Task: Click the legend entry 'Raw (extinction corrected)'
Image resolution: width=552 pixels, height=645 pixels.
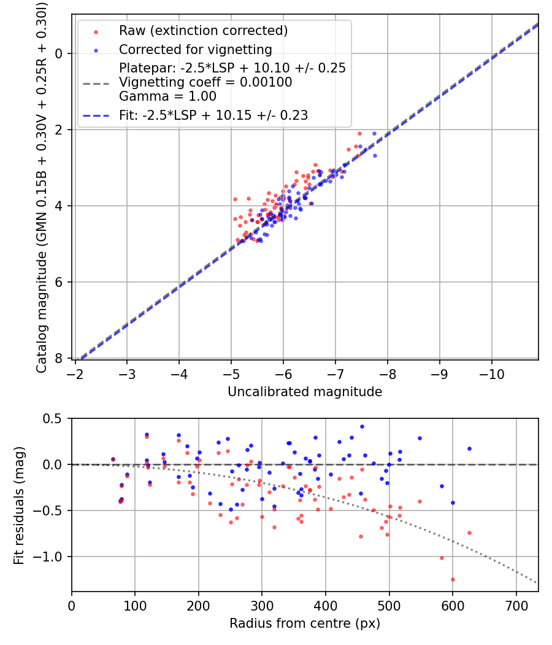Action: pos(203,31)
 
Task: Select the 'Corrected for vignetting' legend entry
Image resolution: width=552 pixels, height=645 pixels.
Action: pos(195,50)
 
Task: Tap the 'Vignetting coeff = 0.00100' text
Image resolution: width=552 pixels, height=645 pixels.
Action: pos(205,82)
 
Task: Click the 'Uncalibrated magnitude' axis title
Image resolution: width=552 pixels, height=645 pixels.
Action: pos(305,392)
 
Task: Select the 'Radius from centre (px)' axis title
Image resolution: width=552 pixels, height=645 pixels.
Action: pos(305,623)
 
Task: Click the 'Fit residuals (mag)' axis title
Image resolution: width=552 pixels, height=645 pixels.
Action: pos(19,505)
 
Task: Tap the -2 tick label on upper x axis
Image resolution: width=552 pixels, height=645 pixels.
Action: pos(75,373)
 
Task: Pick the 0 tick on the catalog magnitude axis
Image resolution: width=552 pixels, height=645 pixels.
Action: pos(60,53)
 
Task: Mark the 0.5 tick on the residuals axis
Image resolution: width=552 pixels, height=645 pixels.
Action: pos(56,418)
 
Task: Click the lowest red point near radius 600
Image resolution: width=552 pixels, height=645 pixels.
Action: pos(453,579)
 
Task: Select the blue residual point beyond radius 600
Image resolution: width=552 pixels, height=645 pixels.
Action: pos(469,448)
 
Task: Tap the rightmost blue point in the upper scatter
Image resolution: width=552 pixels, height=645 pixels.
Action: pos(375,155)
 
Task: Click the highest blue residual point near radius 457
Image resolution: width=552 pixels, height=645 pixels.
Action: pos(362,426)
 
